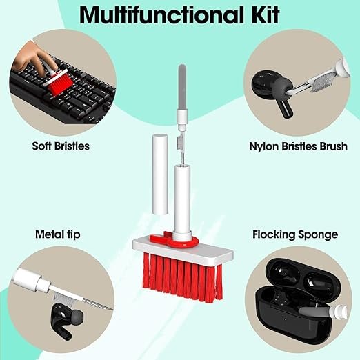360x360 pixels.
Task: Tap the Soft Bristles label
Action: (x=60, y=146)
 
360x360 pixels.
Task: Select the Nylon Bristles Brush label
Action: (x=297, y=146)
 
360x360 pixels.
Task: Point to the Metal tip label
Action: (x=57, y=234)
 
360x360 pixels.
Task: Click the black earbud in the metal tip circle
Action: (x=65, y=317)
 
